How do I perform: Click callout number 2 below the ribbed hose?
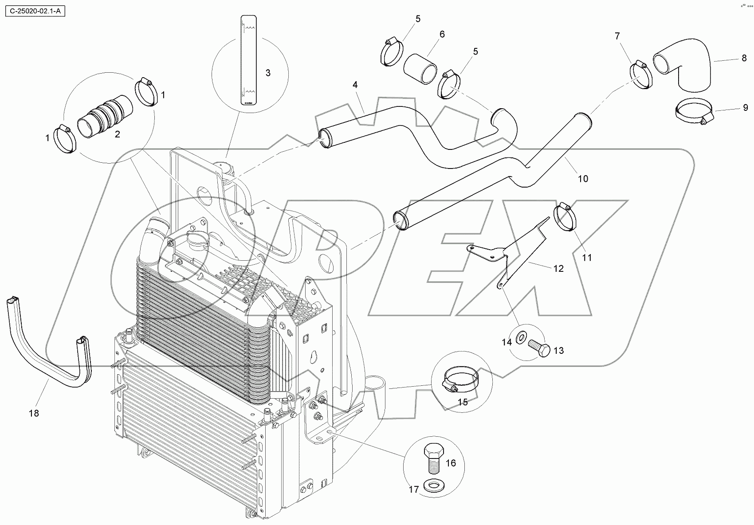tap(118, 134)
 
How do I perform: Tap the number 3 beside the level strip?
tap(268, 73)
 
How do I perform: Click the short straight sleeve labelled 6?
tap(420, 69)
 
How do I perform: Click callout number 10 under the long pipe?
tap(583, 178)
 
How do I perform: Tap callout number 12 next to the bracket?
tap(558, 268)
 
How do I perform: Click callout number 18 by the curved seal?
tap(34, 413)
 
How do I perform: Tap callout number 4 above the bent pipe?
tap(355, 84)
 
